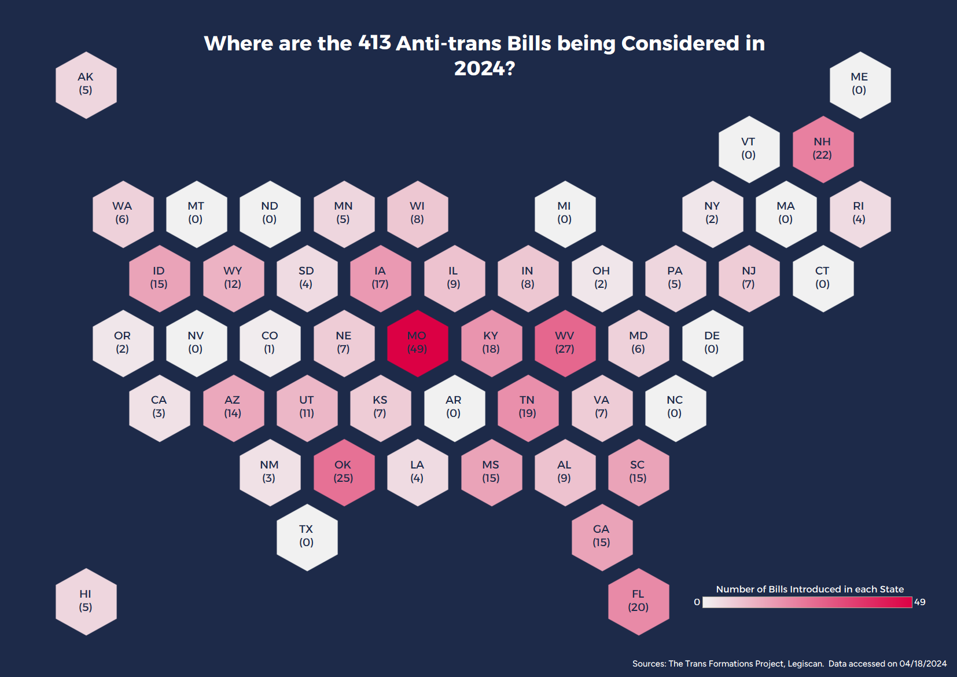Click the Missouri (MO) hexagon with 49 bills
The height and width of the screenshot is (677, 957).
417,343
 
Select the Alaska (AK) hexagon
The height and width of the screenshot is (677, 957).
86,85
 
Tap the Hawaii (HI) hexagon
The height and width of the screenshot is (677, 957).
86,601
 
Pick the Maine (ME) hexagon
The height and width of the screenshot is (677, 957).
859,85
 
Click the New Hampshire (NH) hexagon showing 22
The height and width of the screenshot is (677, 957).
822,149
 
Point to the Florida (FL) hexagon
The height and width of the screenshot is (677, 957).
638,601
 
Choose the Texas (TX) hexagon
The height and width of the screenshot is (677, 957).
307,536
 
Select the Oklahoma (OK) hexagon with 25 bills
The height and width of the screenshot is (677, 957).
343,472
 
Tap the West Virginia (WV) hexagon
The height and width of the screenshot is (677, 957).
565,343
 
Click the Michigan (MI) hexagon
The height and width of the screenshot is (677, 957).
565,214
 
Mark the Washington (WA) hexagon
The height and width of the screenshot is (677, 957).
123,214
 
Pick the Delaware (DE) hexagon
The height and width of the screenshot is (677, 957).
712,343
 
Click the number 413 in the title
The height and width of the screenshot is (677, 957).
374,43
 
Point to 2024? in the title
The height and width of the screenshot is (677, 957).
484,68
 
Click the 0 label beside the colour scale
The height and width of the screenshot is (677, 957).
697,602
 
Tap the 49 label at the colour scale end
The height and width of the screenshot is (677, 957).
920,602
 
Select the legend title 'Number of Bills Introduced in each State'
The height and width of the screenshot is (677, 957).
809,589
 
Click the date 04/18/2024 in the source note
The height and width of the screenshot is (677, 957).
923,664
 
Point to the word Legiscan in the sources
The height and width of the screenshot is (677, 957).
805,664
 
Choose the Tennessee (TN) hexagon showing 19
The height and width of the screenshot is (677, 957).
528,407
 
